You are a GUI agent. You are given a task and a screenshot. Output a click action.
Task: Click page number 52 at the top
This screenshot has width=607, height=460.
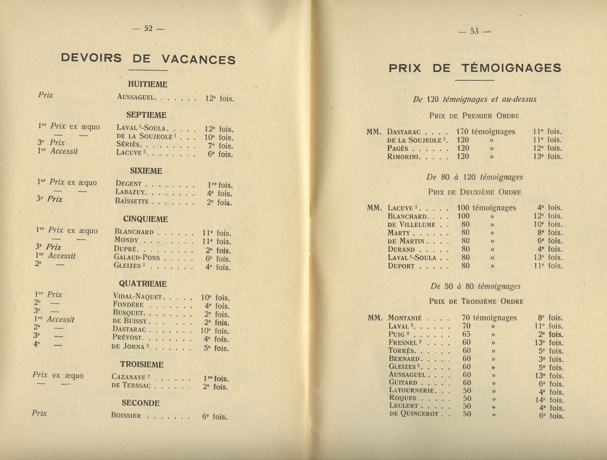(149, 28)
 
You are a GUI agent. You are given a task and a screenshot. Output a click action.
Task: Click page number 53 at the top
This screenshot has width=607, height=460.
(474, 31)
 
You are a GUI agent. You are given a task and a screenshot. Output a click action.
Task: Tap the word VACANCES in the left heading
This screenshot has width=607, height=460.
(198, 59)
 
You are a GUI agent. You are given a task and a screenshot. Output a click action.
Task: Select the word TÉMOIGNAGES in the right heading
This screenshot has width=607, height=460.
(511, 68)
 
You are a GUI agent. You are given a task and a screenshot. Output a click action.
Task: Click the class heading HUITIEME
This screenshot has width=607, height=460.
(147, 84)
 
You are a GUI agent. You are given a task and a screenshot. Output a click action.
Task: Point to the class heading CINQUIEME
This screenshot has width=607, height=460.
(145, 219)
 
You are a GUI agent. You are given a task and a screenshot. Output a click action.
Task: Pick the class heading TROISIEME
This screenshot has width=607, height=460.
(142, 365)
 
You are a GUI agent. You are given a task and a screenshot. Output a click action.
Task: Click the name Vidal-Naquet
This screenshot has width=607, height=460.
(137, 297)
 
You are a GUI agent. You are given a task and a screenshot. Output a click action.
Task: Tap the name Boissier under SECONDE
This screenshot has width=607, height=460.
(126, 415)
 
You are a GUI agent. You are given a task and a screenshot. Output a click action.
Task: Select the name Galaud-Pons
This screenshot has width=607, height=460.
(137, 257)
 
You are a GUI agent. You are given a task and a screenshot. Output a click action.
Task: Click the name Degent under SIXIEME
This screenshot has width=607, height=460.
(128, 184)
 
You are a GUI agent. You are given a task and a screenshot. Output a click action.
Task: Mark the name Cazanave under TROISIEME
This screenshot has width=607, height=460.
(129, 377)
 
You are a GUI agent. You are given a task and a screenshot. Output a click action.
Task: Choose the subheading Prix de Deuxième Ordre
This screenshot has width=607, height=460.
(474, 192)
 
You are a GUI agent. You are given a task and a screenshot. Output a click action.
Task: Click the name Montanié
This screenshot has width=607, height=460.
(405, 318)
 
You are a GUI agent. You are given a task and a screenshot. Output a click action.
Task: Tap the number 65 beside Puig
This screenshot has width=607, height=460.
(466, 334)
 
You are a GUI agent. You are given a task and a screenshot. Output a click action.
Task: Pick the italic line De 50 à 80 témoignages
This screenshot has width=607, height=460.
(475, 286)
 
